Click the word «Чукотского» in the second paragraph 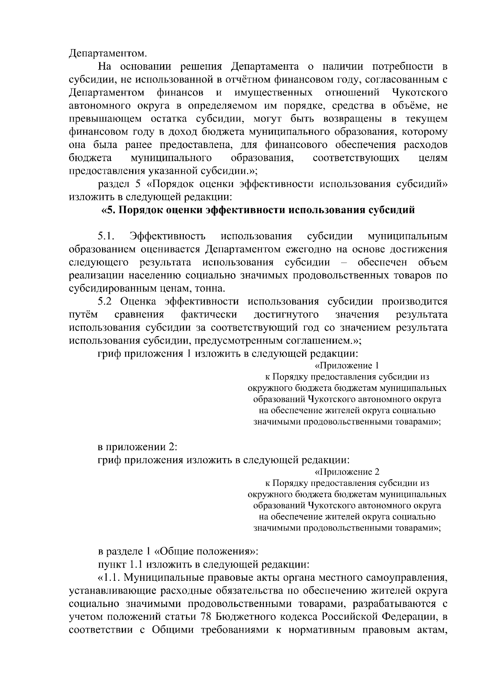[x=419, y=93]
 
